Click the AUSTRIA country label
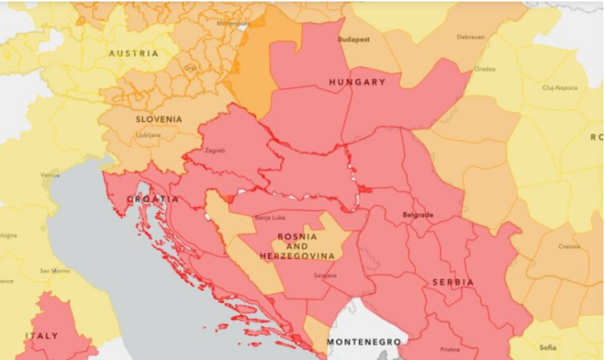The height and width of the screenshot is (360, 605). (x=134, y=54)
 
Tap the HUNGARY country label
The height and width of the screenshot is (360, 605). (x=357, y=82)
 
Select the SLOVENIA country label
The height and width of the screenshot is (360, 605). (x=159, y=119)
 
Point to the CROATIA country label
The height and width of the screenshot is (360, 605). (x=153, y=199)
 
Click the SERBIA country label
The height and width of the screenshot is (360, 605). (x=452, y=282)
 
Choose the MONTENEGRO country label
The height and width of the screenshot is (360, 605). (x=363, y=342)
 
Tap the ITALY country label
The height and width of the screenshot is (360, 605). (x=41, y=336)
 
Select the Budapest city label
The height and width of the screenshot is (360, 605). (x=354, y=38)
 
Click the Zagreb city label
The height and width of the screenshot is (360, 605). (x=214, y=150)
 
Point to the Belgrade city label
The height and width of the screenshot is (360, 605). (x=418, y=214)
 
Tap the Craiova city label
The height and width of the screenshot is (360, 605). (x=569, y=247)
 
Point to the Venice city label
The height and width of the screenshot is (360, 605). (x=50, y=175)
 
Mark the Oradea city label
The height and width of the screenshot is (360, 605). (x=484, y=69)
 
